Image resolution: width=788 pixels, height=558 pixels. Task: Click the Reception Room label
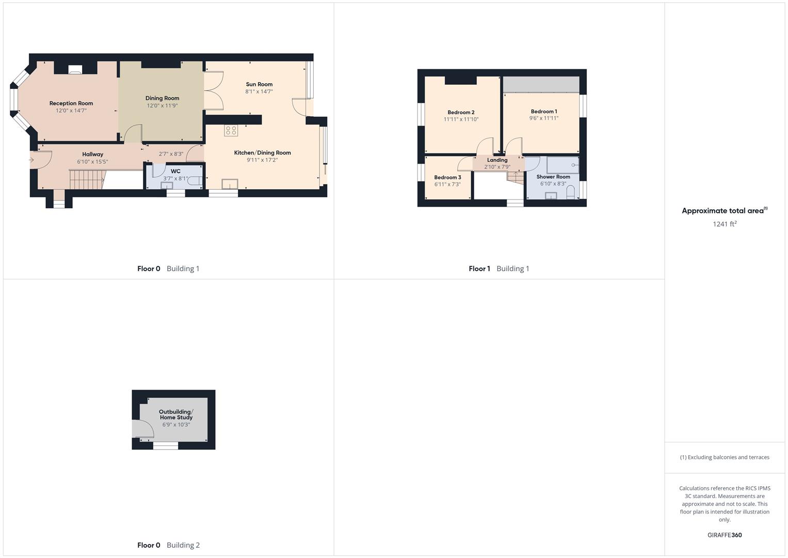point(71,103)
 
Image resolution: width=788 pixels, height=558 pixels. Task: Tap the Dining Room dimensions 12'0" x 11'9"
point(162,105)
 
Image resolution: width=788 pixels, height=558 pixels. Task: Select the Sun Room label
point(259,84)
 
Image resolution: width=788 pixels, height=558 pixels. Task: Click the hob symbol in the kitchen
point(231,130)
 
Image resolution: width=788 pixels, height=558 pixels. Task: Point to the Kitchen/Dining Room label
point(262,152)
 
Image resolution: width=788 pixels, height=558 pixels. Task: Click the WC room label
point(175,171)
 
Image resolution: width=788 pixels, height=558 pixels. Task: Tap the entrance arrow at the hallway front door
point(31,160)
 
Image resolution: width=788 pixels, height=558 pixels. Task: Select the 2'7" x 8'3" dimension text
point(171,154)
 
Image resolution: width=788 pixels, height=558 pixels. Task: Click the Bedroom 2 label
point(461,112)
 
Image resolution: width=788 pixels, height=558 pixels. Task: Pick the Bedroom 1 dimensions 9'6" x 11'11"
point(543,118)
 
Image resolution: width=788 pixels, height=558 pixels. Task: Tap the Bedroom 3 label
point(447,177)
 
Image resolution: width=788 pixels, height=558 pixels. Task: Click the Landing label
point(497,160)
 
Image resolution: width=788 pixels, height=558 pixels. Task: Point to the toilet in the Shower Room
point(570,193)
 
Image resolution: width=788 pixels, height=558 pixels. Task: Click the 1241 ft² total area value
point(724,224)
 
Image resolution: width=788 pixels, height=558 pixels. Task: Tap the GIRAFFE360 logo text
point(724,535)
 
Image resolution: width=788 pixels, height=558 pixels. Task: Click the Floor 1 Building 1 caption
point(498,269)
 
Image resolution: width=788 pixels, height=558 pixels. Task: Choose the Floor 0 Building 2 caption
point(168,545)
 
